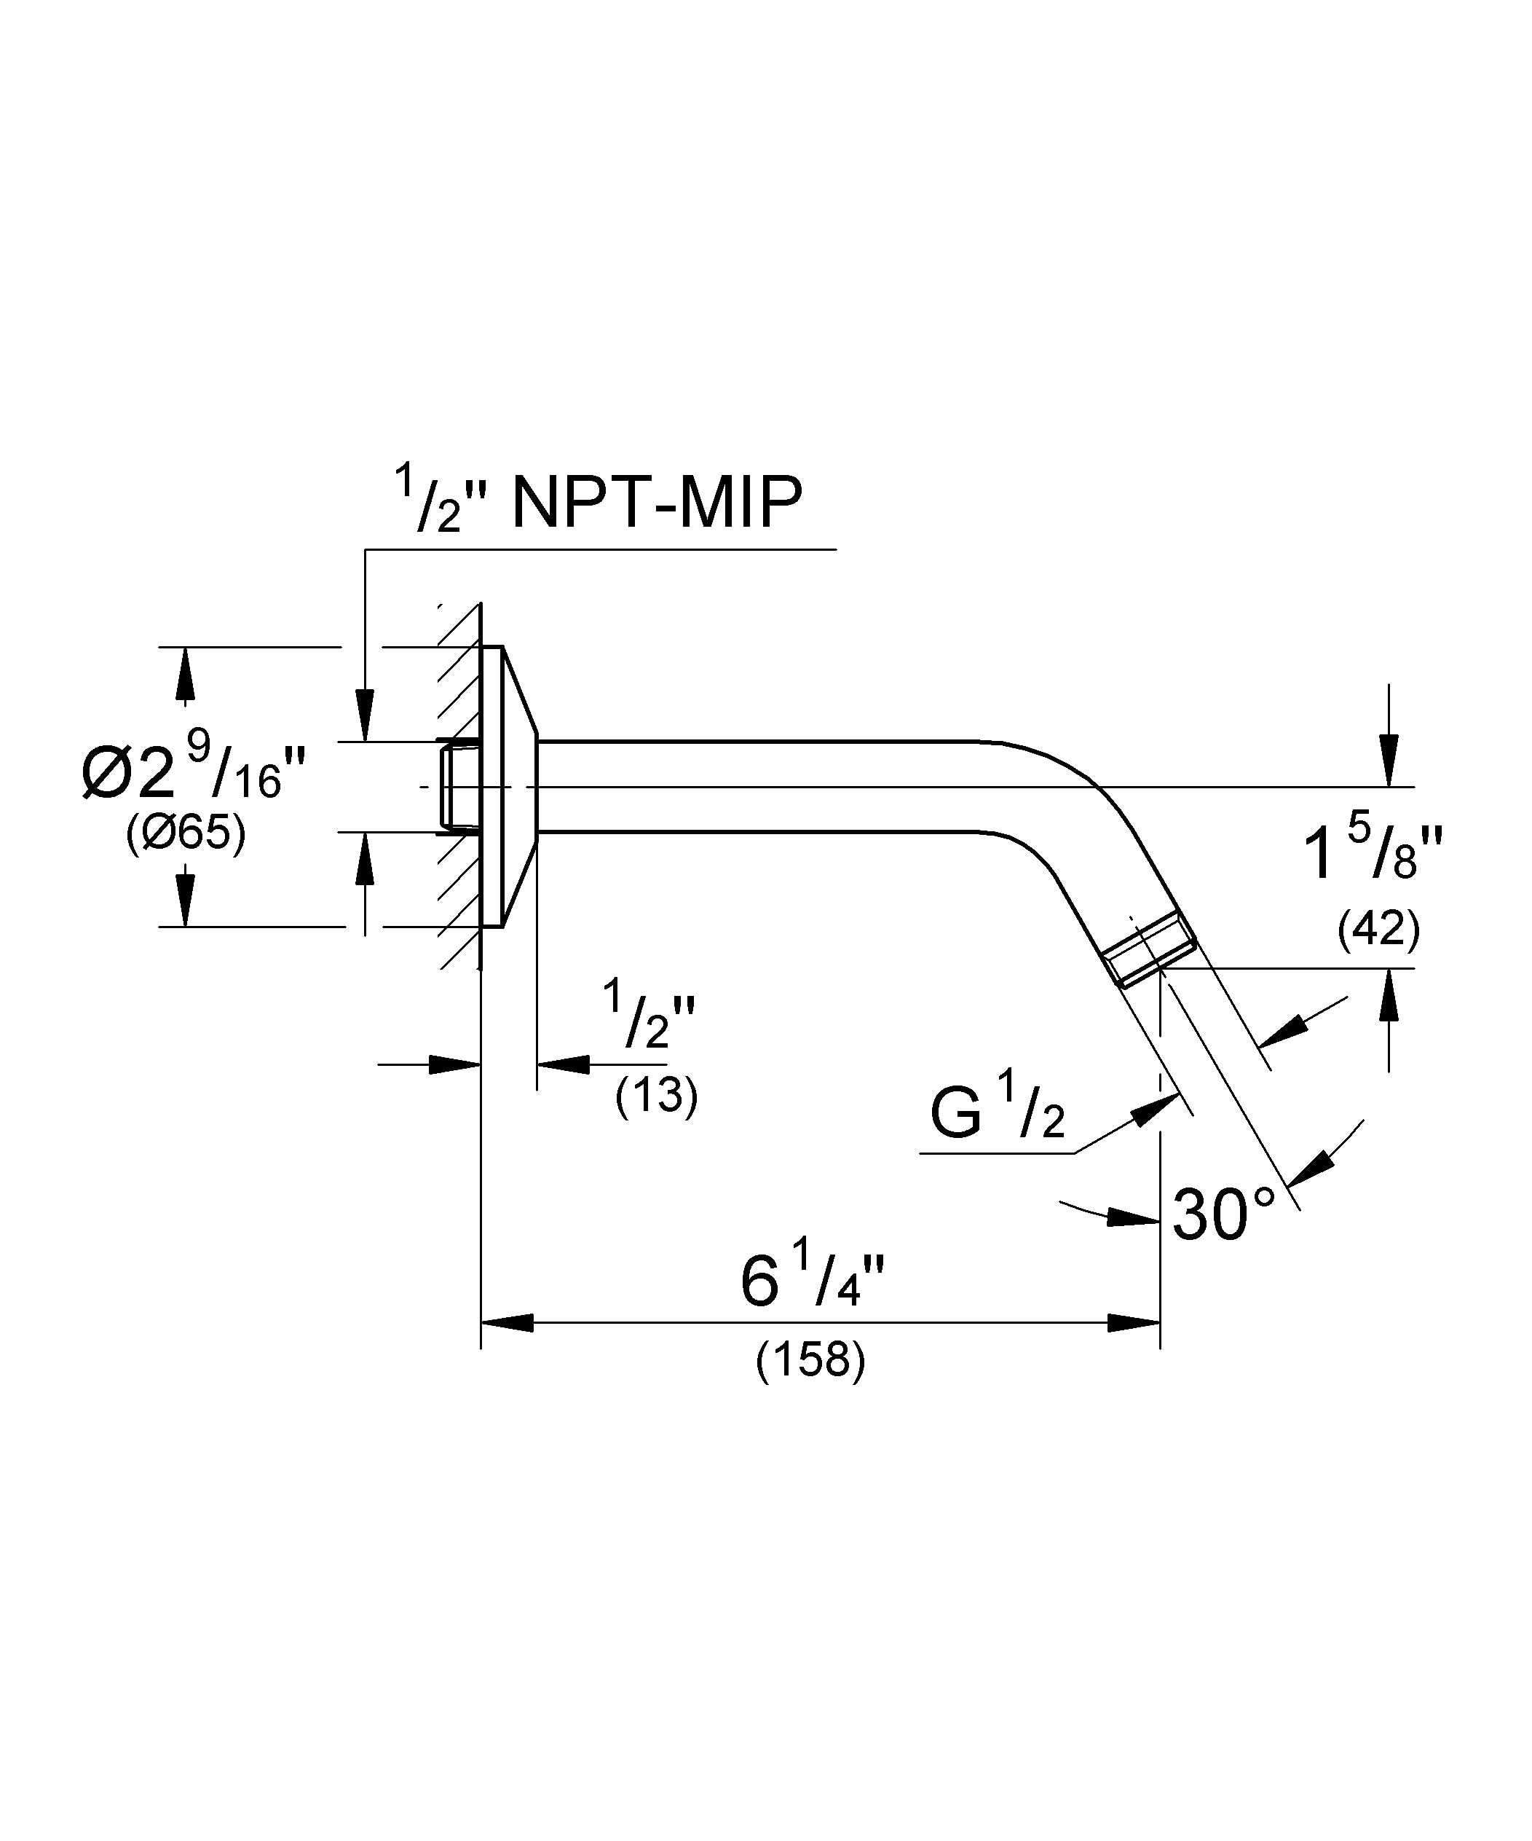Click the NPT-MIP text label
point(657,503)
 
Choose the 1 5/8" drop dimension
point(1373,850)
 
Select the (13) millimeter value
point(657,1096)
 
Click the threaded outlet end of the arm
point(1148,961)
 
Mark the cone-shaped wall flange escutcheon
point(509,786)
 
